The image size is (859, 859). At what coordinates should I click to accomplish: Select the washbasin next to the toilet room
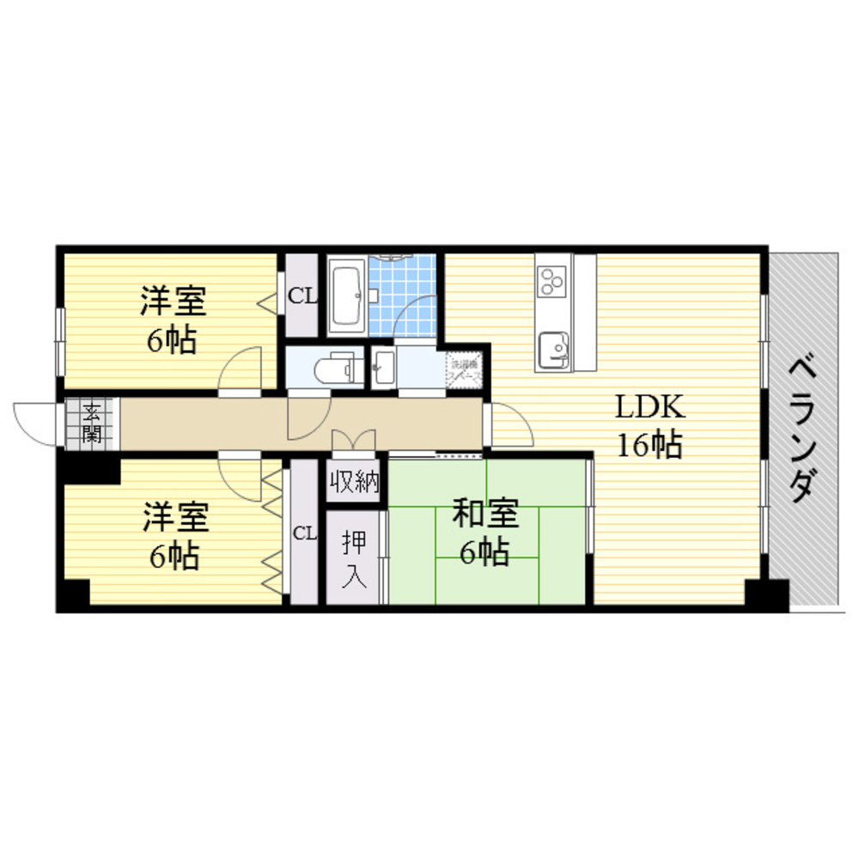point(384,367)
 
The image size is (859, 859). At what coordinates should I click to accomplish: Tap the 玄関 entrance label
point(90,423)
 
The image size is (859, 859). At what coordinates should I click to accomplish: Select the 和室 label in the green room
point(486,515)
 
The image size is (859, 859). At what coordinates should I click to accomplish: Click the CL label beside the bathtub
point(302,297)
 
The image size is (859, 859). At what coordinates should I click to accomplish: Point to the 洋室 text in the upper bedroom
point(174,302)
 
